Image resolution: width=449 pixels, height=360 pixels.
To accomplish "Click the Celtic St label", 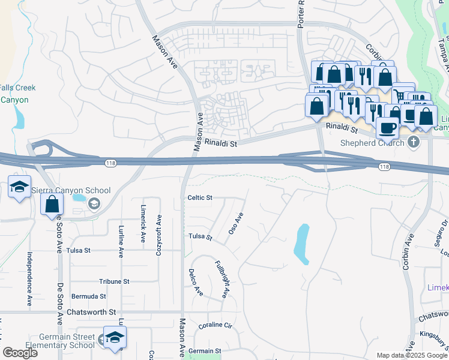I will [x=200, y=197].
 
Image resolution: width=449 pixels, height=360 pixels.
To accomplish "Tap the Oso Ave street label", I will [x=236, y=223].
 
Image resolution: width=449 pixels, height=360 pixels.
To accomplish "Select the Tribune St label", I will [x=114, y=281].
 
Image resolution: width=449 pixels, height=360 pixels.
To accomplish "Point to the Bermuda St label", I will [x=88, y=296].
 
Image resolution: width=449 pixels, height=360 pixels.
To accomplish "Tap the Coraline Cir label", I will [x=215, y=326].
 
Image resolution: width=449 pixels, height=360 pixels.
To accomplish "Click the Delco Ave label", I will [x=196, y=282].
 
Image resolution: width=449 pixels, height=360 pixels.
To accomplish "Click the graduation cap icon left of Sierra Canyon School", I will [x=19, y=187].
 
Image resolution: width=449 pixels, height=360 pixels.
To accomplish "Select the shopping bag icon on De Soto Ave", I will [x=52, y=204].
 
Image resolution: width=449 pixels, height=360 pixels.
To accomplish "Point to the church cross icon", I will [x=412, y=142].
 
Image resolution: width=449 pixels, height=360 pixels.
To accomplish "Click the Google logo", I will [x=20, y=353].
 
